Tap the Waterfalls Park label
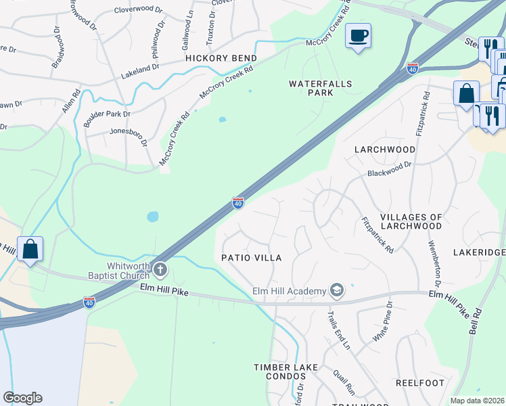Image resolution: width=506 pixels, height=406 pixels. [312, 88]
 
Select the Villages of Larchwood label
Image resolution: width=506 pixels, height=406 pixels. [411, 222]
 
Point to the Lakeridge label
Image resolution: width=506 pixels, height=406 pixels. [479, 252]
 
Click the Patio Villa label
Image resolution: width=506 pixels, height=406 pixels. [251, 258]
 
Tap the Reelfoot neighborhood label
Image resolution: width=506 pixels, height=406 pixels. [420, 383]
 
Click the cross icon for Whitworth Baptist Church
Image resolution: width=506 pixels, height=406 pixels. [160, 270]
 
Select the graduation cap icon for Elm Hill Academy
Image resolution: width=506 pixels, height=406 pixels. [336, 291]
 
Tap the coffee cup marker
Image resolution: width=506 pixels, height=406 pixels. [358, 35]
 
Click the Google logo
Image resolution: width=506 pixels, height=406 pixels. [22, 398]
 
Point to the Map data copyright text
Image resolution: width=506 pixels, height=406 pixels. [477, 401]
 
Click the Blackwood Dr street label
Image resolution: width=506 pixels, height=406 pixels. [390, 169]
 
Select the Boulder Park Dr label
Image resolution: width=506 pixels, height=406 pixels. [108, 114]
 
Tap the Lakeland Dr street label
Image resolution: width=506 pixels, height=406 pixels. [139, 67]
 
